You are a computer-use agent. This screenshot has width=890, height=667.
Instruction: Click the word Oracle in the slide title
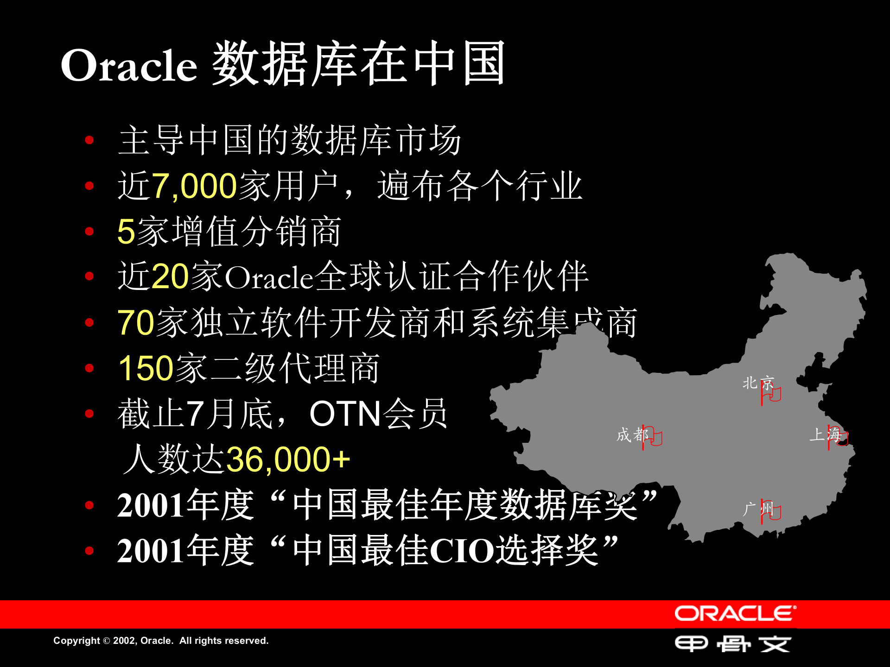[x=129, y=65]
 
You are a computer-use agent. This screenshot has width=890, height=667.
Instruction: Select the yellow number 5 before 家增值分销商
[x=126, y=232]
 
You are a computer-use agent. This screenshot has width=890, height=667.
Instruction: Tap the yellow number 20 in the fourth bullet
[x=170, y=277]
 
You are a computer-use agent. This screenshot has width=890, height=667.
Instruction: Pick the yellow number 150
[x=146, y=368]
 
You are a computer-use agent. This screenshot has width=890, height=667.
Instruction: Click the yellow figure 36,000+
[x=288, y=459]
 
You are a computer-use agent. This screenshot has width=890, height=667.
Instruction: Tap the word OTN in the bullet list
[x=345, y=414]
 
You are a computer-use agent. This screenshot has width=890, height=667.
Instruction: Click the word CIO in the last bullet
[x=463, y=551]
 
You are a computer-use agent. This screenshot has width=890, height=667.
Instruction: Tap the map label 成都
[x=631, y=434]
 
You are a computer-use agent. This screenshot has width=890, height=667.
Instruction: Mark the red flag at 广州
[x=770, y=511]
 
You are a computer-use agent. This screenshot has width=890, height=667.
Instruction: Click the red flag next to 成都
[x=652, y=437]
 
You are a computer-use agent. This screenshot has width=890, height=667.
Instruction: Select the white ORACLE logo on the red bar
[x=735, y=614]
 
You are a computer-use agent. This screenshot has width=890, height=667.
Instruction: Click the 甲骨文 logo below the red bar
[x=733, y=644]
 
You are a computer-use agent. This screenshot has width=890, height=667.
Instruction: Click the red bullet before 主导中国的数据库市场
[x=89, y=140]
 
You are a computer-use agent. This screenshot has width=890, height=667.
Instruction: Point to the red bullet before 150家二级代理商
[x=89, y=368]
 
